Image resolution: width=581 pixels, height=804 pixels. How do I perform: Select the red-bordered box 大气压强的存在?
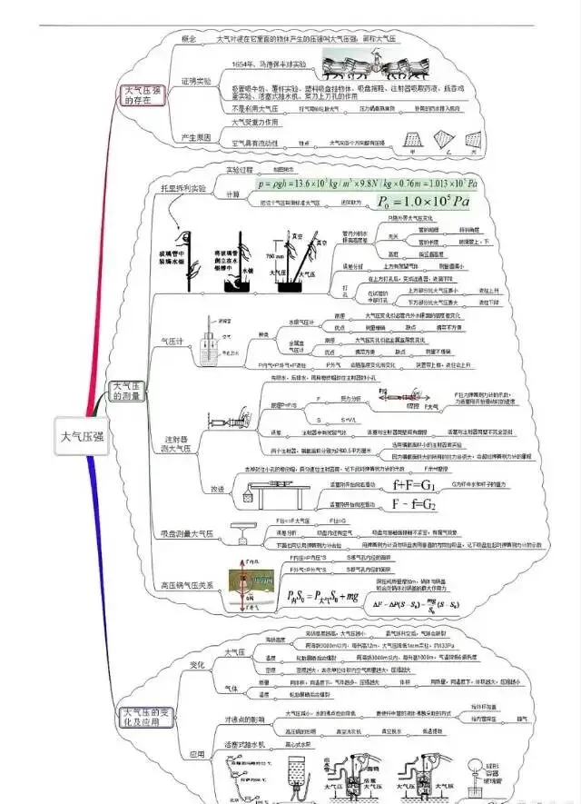(x=144, y=94)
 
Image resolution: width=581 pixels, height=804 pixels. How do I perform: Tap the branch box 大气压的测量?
(x=128, y=394)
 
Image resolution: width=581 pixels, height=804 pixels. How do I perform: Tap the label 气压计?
(x=172, y=341)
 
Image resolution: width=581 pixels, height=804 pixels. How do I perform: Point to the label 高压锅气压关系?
(x=189, y=585)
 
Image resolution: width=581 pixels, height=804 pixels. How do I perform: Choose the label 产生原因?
(x=196, y=138)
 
